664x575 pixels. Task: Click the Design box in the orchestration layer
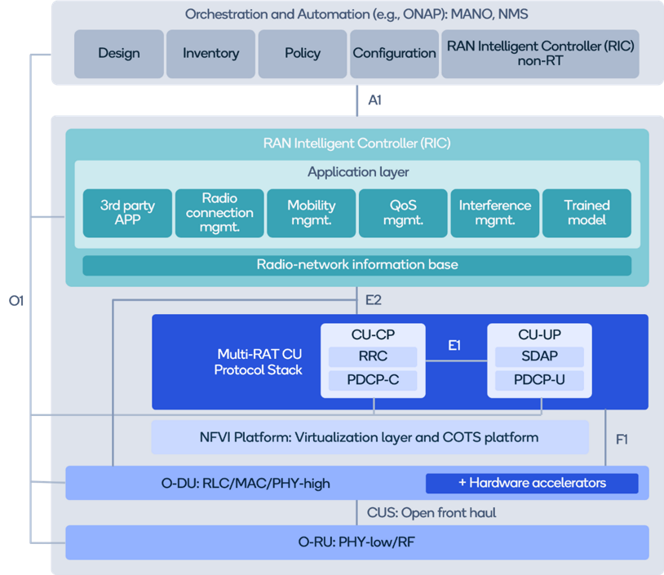(118, 54)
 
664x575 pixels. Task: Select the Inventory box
(210, 54)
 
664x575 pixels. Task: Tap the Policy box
(302, 54)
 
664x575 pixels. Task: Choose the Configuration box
(394, 54)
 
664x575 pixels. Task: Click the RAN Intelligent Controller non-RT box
(540, 54)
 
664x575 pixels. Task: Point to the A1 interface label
(374, 100)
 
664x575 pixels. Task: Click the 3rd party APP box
(127, 213)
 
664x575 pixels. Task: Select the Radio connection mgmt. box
(219, 213)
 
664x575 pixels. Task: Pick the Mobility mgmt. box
(311, 213)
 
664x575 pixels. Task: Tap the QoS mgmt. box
(403, 213)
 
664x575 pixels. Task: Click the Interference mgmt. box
(494, 213)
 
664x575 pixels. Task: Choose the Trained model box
(587, 213)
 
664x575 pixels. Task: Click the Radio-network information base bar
(356, 265)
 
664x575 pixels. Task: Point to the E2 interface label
(374, 300)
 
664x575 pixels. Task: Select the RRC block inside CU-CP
(373, 356)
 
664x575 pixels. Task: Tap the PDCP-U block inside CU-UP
(538, 380)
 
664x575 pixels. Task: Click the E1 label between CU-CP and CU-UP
(454, 346)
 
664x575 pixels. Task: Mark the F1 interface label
(622, 440)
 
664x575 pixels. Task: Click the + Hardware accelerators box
(532, 483)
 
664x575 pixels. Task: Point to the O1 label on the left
(17, 301)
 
